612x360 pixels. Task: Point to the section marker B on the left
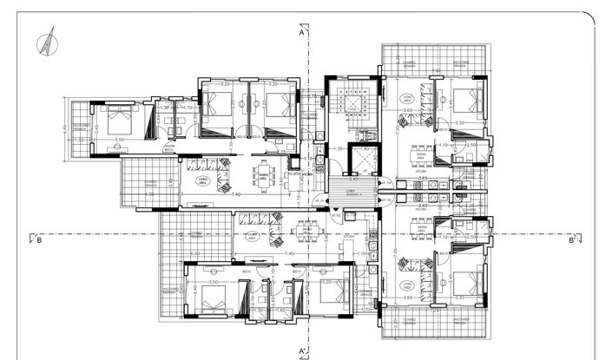pyautogui.click(x=39, y=242)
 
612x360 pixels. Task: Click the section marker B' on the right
pyautogui.click(x=571, y=242)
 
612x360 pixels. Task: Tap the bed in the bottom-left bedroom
pyautogui.click(x=212, y=299)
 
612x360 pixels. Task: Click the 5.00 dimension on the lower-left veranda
pyautogui.click(x=192, y=253)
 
